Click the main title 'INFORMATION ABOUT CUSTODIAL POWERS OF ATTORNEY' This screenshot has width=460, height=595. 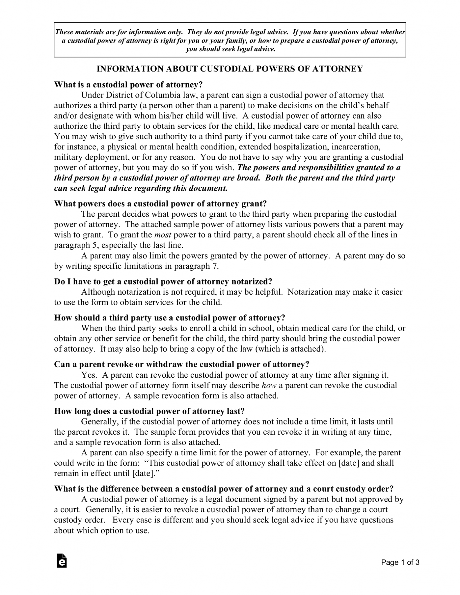pyautogui.click(x=230, y=69)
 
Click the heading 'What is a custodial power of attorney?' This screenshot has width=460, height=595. pyautogui.click(x=128, y=85)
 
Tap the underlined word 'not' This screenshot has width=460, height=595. pyautogui.click(x=235, y=157)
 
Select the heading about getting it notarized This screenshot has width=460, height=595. pyautogui.click(x=163, y=282)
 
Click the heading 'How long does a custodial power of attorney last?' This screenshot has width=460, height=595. pyautogui.click(x=149, y=411)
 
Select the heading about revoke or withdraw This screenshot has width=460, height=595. pyautogui.click(x=182, y=364)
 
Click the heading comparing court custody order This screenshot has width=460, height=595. pyautogui.click(x=224, y=489)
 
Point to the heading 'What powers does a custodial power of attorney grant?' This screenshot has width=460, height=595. pyautogui.click(x=160, y=204)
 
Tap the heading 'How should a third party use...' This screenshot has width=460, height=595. pyautogui.click(x=170, y=318)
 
